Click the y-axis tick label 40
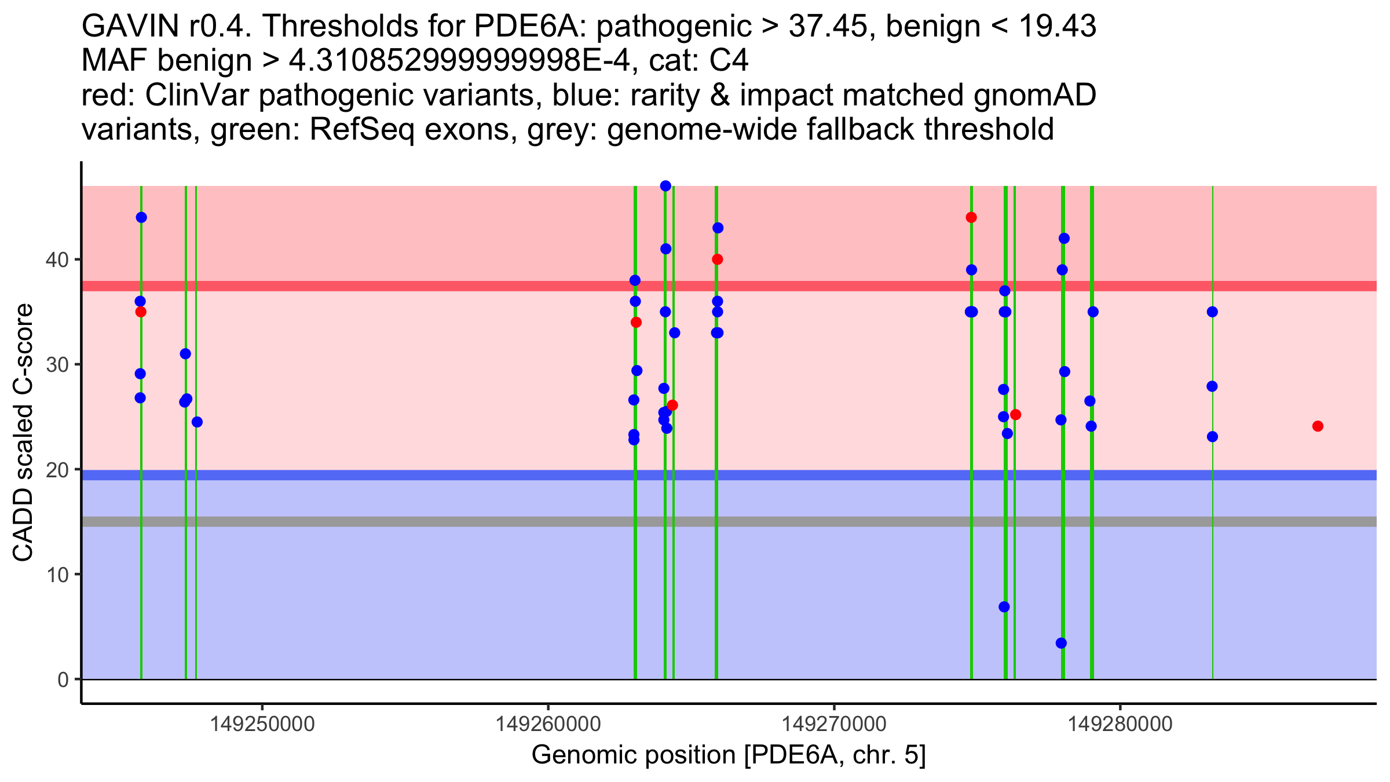pyautogui.click(x=56, y=260)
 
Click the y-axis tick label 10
pyautogui.click(x=56, y=575)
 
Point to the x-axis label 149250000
pyautogui.click(x=262, y=723)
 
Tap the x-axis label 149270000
pyautogui.click(x=834, y=723)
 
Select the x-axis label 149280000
pyautogui.click(x=1120, y=723)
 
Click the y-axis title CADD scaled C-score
pyautogui.click(x=23, y=433)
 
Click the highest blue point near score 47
pyautogui.click(x=665, y=186)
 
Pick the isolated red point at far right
pyautogui.click(x=1318, y=426)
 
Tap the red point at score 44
pyautogui.click(x=971, y=218)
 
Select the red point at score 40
pyautogui.click(x=717, y=260)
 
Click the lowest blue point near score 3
pyautogui.click(x=1061, y=643)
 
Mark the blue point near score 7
pyautogui.click(x=1004, y=607)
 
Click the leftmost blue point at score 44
pyautogui.click(x=141, y=218)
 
